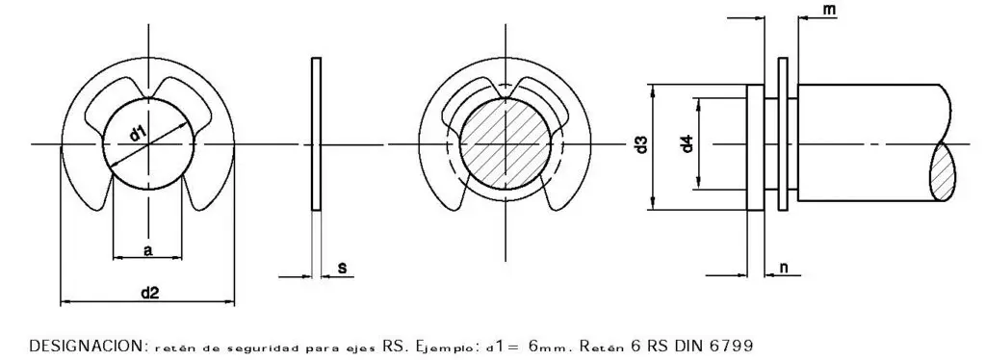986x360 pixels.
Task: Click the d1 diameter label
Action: tap(138, 134)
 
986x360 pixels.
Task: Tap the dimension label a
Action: tap(147, 250)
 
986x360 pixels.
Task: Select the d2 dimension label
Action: tap(149, 293)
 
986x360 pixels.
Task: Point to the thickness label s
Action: tap(342, 269)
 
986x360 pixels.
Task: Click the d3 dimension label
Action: tap(640, 145)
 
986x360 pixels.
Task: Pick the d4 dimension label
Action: tap(687, 145)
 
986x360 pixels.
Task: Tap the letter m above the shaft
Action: tap(829, 10)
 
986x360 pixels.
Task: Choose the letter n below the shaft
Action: tap(784, 268)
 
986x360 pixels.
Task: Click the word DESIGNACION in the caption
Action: tap(88, 346)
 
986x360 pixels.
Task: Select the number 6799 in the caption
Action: tap(731, 346)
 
